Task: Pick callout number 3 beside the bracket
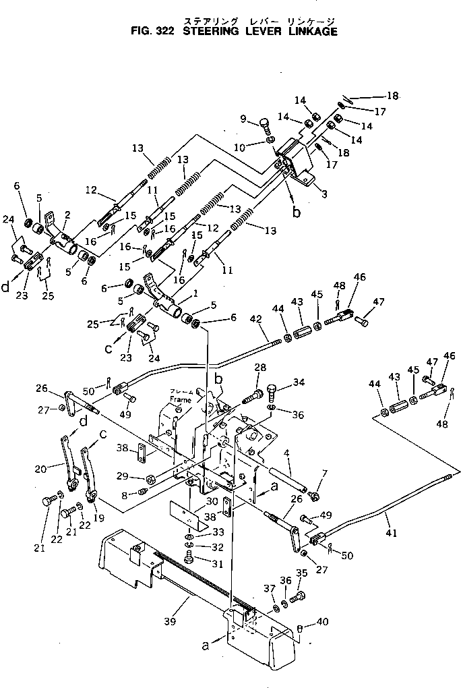point(325,195)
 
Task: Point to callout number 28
point(259,367)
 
